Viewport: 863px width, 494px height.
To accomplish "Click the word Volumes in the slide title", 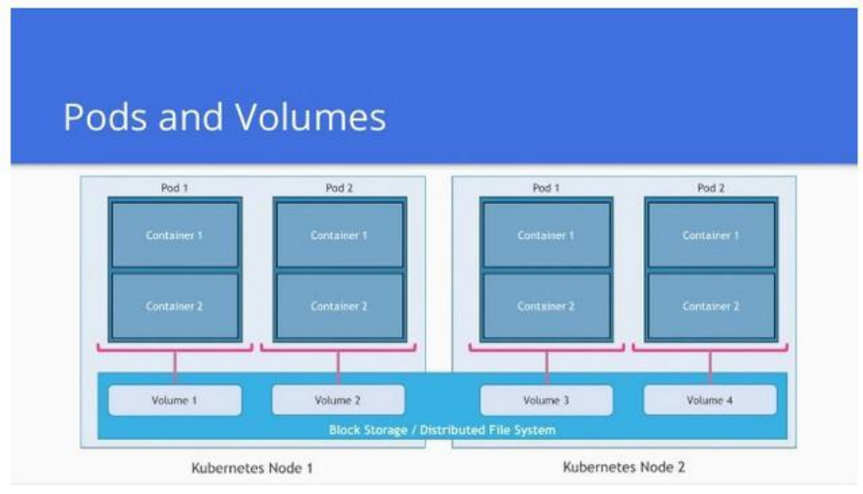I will [312, 117].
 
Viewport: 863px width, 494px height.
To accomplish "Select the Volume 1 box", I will [175, 400].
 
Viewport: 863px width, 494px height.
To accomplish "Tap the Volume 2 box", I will [338, 400].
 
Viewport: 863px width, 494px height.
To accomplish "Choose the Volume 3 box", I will [546, 400].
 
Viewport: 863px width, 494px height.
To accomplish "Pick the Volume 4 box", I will [710, 400].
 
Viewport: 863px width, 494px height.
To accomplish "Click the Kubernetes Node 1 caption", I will [252, 468].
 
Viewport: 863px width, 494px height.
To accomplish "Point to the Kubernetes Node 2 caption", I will [624, 467].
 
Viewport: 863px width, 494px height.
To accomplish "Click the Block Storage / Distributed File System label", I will [442, 430].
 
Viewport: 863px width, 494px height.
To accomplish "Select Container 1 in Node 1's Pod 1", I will [175, 235].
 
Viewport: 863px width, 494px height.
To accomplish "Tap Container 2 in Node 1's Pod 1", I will [175, 306].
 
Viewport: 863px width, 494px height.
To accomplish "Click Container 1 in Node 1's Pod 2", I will [339, 235].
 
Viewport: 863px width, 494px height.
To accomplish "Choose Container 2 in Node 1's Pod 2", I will [339, 306].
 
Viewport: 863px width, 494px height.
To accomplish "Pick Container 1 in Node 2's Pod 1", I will [546, 235].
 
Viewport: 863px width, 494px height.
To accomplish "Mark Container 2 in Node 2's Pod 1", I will [546, 306].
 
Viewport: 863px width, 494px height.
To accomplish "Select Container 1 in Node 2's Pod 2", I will [710, 235].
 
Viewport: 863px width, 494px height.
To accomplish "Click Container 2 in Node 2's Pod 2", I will [710, 306].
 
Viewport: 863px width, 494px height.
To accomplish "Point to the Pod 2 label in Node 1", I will [339, 188].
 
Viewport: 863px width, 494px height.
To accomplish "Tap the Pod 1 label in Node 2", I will [546, 188].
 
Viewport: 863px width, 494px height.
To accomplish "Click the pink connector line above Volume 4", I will [710, 364].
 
